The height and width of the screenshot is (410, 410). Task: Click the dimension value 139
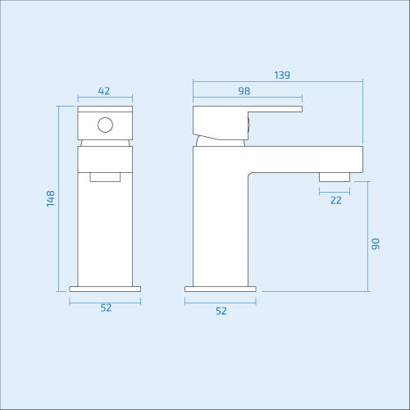[282, 75]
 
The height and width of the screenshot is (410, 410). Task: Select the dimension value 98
[244, 92]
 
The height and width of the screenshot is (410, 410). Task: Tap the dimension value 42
[104, 91]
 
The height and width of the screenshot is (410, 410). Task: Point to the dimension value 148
[51, 198]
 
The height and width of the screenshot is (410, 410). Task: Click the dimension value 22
[335, 201]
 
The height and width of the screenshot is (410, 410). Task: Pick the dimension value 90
[376, 244]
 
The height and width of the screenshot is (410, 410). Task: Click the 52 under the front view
[106, 308]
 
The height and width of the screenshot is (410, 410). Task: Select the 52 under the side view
[221, 311]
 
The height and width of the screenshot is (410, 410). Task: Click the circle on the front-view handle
[105, 125]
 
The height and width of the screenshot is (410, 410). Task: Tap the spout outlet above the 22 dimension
[335, 175]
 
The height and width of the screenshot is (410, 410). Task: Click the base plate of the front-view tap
[105, 289]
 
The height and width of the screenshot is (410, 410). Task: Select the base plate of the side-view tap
[221, 289]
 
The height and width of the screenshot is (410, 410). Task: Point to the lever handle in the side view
[246, 111]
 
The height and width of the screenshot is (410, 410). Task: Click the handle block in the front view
[105, 123]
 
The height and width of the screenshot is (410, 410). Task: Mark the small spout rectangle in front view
[105, 175]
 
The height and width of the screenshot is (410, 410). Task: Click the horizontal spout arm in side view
[303, 159]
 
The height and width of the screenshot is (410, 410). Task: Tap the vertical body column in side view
[220, 221]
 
